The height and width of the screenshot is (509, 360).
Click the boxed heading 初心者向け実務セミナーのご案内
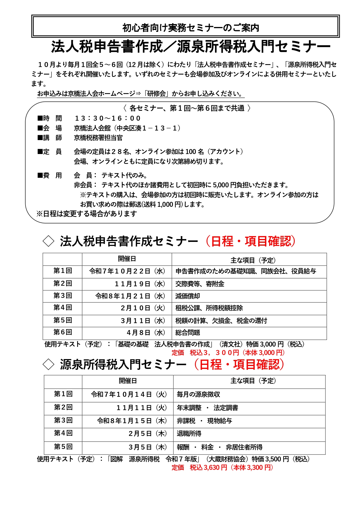191,28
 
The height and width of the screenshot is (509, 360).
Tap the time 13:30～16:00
108,118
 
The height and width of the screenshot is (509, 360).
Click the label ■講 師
50,138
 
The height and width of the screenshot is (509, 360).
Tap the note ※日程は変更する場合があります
87,214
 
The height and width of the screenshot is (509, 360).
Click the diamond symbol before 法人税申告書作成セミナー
48,241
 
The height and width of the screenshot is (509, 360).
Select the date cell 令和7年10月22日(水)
127,271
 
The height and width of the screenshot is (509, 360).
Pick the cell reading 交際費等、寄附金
200,284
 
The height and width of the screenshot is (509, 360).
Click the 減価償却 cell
188,296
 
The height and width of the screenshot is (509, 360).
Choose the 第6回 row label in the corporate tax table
63,332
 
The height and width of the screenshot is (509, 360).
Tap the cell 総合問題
188,333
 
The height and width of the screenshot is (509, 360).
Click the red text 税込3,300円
214,353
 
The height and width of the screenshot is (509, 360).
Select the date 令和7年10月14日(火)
129,394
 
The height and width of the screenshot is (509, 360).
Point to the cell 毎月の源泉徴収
198,394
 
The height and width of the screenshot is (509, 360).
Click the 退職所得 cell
189,434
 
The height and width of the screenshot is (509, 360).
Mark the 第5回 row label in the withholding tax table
63,447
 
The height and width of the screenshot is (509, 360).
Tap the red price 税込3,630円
208,468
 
